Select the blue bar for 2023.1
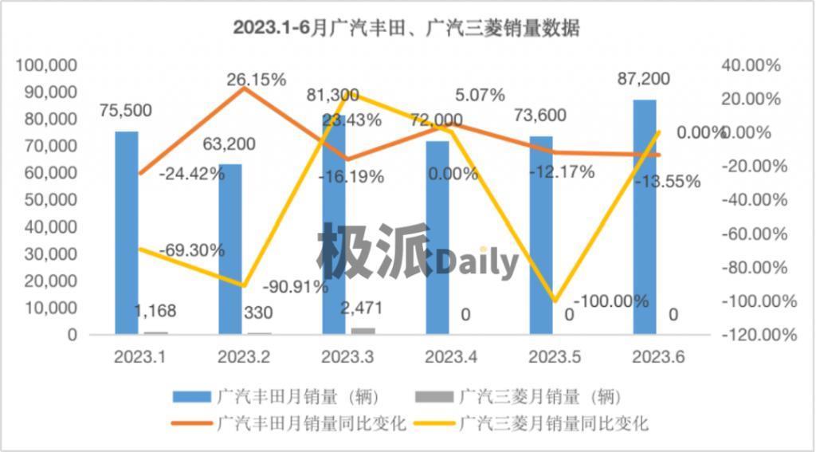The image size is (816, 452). (x=126, y=231)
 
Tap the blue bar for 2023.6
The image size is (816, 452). (x=645, y=215)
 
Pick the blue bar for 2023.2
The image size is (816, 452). (x=230, y=247)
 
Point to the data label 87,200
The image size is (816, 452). (x=644, y=79)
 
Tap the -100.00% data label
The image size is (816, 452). (x=611, y=302)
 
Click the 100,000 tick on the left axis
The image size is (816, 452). (x=47, y=65)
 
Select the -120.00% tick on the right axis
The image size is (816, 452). (x=758, y=335)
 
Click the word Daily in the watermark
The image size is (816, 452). (x=477, y=261)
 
